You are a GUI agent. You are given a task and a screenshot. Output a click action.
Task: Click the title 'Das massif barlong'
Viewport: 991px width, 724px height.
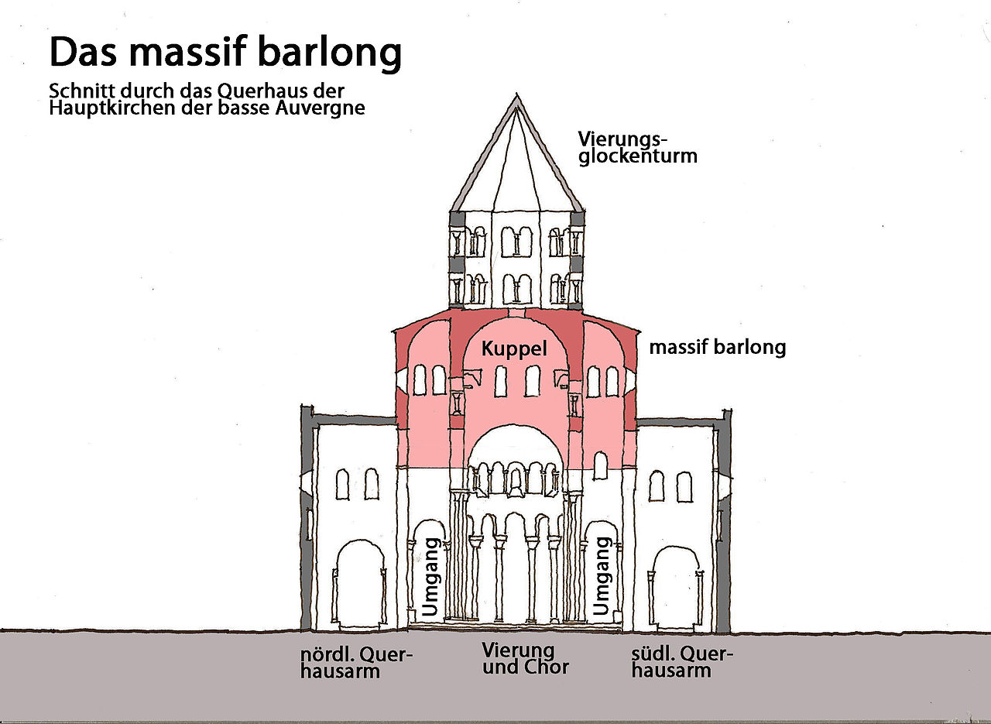pos(225,52)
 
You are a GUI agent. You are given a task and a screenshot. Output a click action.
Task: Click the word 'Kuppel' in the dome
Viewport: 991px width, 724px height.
pos(514,348)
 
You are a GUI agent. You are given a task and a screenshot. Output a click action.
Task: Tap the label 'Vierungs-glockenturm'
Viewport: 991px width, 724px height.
pos(637,147)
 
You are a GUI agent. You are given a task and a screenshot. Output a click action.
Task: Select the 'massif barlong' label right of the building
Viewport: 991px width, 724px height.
pos(717,347)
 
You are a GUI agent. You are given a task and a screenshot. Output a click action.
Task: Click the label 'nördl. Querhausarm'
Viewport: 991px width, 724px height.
pos(356,663)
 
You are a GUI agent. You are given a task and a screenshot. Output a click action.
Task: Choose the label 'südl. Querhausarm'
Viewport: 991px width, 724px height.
pos(681,663)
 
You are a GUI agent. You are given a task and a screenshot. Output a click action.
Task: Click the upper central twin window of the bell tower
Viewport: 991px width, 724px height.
pos(516,242)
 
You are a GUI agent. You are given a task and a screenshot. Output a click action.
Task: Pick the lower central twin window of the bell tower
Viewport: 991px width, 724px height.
pos(516,289)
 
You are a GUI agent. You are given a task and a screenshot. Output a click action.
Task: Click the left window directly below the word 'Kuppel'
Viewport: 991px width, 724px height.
pos(501,381)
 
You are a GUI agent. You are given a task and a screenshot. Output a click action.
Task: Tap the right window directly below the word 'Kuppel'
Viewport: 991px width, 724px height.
pos(533,381)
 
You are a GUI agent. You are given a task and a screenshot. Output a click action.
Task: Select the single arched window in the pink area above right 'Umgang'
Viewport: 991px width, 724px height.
pos(600,466)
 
